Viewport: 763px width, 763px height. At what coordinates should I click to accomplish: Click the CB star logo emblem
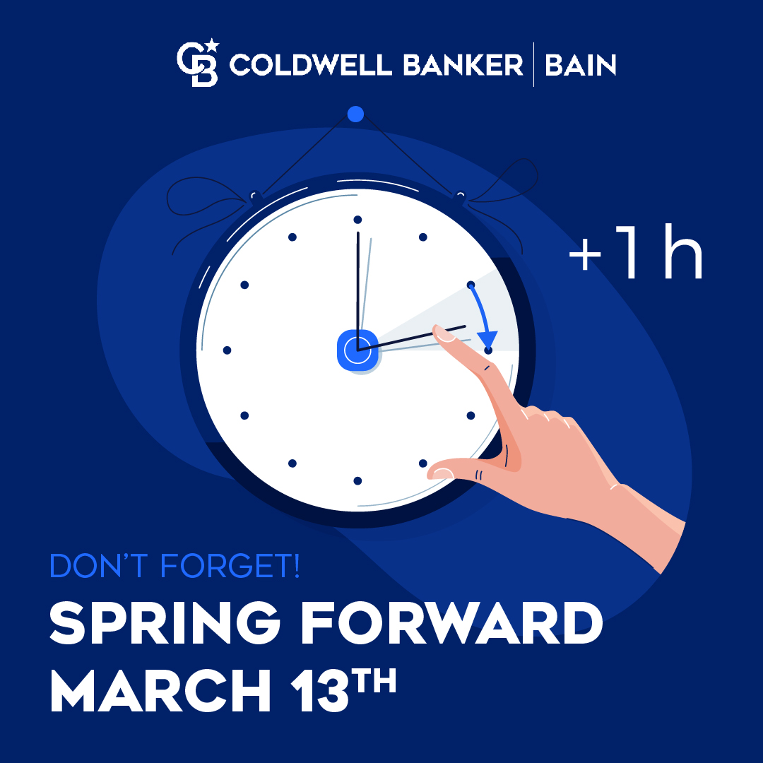tap(198, 63)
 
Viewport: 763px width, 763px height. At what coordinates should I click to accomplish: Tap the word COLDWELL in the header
tap(310, 65)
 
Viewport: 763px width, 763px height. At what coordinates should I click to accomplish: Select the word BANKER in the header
tap(463, 65)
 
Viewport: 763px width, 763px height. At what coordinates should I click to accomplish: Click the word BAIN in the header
tap(581, 65)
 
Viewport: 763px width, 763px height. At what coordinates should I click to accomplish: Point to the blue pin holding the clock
tap(355, 114)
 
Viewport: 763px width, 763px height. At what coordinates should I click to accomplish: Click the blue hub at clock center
tap(357, 350)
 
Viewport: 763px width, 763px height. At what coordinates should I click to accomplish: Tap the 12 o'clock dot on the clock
tap(357, 220)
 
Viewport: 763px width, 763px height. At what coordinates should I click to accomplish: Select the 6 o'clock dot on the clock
tap(357, 481)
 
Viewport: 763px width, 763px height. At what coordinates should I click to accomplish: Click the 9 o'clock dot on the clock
tap(227, 350)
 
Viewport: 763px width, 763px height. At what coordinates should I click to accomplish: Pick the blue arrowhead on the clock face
tap(487, 338)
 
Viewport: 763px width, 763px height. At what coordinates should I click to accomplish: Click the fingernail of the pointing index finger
tap(443, 333)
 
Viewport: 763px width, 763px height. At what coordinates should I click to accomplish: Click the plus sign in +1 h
tap(585, 254)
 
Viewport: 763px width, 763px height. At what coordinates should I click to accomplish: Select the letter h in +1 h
tap(683, 251)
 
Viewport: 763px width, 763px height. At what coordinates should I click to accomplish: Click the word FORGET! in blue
tap(230, 565)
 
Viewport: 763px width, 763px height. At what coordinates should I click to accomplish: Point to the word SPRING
tap(165, 623)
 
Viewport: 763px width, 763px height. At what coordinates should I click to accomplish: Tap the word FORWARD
tap(452, 623)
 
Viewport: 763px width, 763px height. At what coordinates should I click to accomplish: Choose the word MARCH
tap(160, 690)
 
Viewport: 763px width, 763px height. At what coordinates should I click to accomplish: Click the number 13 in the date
tap(320, 690)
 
